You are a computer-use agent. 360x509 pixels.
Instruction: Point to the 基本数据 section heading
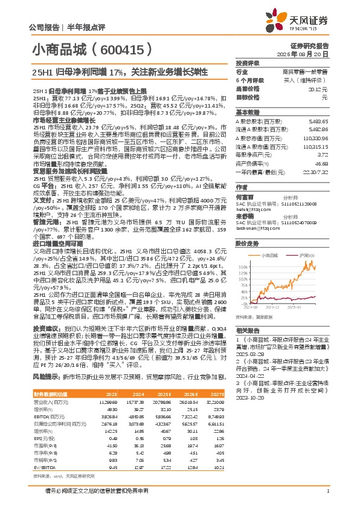[248, 112]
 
